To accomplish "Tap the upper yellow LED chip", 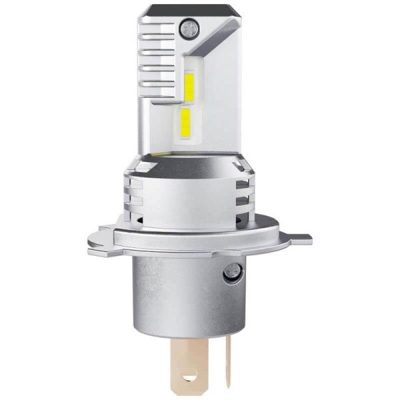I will tap(188, 85).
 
